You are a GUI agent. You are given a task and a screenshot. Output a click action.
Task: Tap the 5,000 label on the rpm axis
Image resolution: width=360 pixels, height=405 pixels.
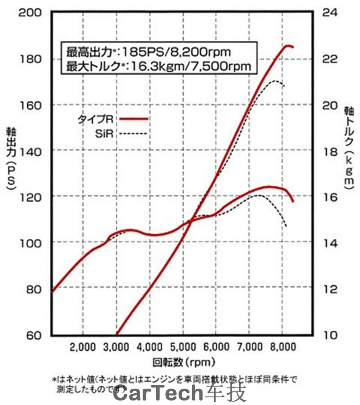coord(183,347)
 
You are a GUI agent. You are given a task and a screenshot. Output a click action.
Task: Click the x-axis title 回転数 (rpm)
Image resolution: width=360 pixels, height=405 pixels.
coord(180,361)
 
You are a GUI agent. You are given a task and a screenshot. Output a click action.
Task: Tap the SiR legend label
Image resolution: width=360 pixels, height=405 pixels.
coord(105,133)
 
